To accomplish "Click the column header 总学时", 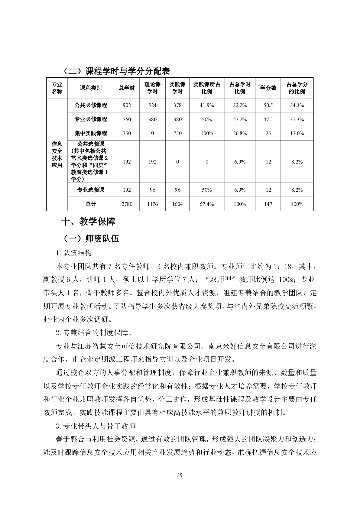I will tap(127, 88).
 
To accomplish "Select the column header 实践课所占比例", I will tap(207, 88).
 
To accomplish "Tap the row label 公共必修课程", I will tap(91, 105).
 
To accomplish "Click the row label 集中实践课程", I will tap(91, 133).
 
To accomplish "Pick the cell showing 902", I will tap(127, 105).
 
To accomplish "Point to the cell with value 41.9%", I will tap(207, 105).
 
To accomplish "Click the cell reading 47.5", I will tap(268, 119).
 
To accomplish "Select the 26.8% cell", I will tap(240, 133).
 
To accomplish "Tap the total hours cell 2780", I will tap(127, 204).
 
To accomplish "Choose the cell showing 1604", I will tap(177, 204).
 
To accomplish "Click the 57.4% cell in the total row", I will tap(207, 204).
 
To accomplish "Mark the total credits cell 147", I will tap(268, 204).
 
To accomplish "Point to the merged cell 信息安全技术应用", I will tap(57, 154).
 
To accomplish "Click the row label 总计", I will tap(91, 204).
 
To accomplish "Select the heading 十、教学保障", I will tap(88, 222).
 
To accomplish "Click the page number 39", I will tap(180, 475).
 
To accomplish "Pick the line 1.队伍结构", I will tap(74, 253).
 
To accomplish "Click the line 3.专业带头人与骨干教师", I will tap(96, 426).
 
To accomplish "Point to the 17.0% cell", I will tap(297, 133).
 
